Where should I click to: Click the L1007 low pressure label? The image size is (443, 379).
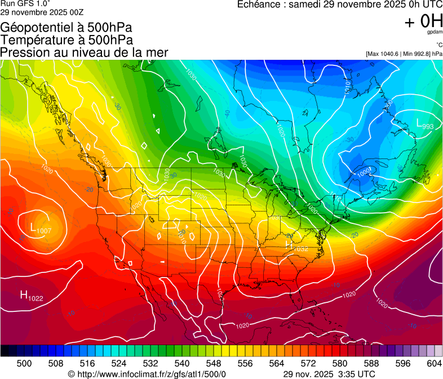pos(41,229)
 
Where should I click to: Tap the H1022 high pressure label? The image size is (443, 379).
pos(32,296)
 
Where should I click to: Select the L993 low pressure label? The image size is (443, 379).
pos(425,125)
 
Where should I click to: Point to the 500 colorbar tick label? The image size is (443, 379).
pos(24,363)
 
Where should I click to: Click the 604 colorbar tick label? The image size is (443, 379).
pos(433,363)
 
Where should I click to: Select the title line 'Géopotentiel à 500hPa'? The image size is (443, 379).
pos(67,28)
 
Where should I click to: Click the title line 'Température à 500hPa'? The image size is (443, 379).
pos(67,40)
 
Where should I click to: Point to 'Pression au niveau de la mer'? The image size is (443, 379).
pos(84,52)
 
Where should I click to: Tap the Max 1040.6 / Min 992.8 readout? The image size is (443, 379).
pos(404,54)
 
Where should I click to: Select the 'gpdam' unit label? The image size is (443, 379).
pos(435,33)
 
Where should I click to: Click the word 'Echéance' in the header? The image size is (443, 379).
pos(258,5)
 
